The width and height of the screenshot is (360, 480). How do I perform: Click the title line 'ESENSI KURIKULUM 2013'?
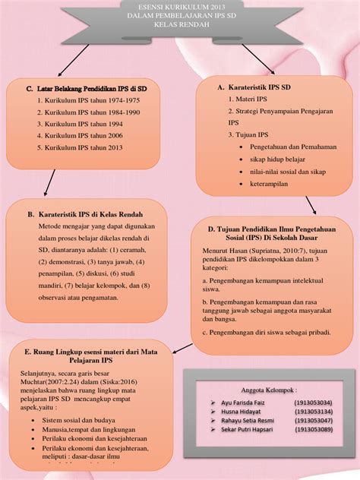180,7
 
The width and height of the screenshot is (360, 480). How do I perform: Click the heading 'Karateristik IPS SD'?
258,87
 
